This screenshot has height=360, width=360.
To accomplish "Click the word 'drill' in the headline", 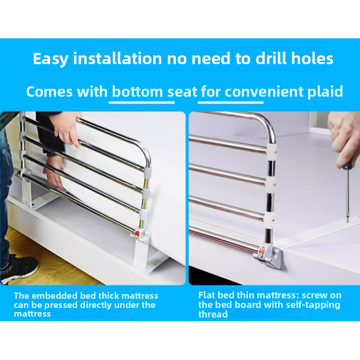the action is click(271, 58).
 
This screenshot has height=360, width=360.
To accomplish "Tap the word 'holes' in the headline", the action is click(312, 58).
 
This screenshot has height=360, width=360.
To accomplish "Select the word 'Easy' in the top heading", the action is click(50, 60).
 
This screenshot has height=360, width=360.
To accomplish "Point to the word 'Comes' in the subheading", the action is click(49, 92).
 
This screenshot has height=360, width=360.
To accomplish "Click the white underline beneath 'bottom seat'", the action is click(142, 102).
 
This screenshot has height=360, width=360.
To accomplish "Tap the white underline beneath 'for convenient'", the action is click(230, 102).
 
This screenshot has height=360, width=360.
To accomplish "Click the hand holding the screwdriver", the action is click(345, 138).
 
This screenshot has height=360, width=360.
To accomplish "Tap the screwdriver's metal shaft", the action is click(347, 195).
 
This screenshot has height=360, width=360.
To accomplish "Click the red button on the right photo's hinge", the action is click(262, 249).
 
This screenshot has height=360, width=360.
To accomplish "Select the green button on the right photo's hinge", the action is click(260, 255).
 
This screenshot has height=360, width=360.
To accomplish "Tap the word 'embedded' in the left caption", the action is click(54, 296).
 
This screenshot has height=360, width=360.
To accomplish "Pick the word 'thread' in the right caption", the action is click(213, 314).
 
